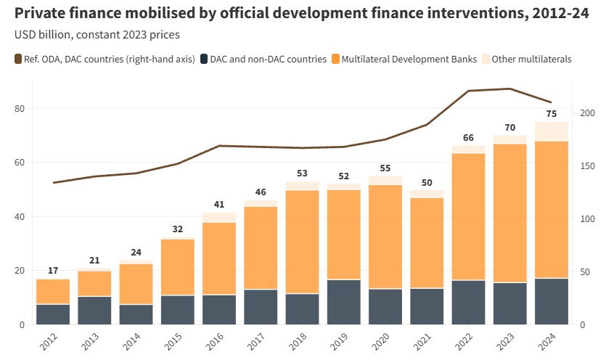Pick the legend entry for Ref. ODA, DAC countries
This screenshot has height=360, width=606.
point(105,59)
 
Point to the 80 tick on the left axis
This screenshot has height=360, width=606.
point(20,109)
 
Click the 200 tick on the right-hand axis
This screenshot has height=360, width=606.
point(587,113)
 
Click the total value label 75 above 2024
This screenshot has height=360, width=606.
point(552,114)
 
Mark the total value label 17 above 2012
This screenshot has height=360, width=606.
point(53,271)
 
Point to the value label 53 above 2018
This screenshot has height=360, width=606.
point(303,173)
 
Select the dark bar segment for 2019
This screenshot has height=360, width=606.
point(344,301)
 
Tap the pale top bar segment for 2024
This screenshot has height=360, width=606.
point(552,131)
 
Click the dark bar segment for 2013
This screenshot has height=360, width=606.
point(94,310)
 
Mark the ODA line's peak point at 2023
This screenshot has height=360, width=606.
point(510,89)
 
